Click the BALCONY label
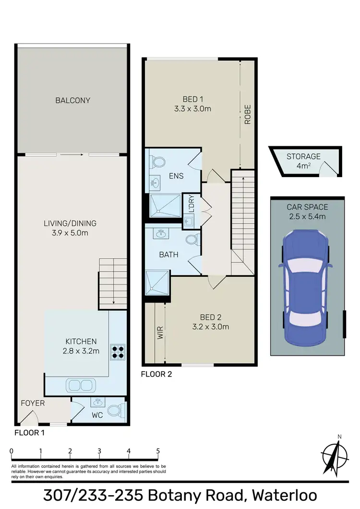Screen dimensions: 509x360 73,100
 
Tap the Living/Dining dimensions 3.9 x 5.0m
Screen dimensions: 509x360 70,233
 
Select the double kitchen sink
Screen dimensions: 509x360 80,385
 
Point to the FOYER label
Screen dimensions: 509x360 33,403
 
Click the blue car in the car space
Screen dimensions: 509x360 305,287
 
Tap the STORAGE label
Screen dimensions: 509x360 303,156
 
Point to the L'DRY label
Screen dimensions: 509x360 191,205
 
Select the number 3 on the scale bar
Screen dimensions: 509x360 99,451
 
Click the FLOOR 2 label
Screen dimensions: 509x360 156,374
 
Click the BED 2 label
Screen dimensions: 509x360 214,317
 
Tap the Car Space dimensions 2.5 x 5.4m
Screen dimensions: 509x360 307,216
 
